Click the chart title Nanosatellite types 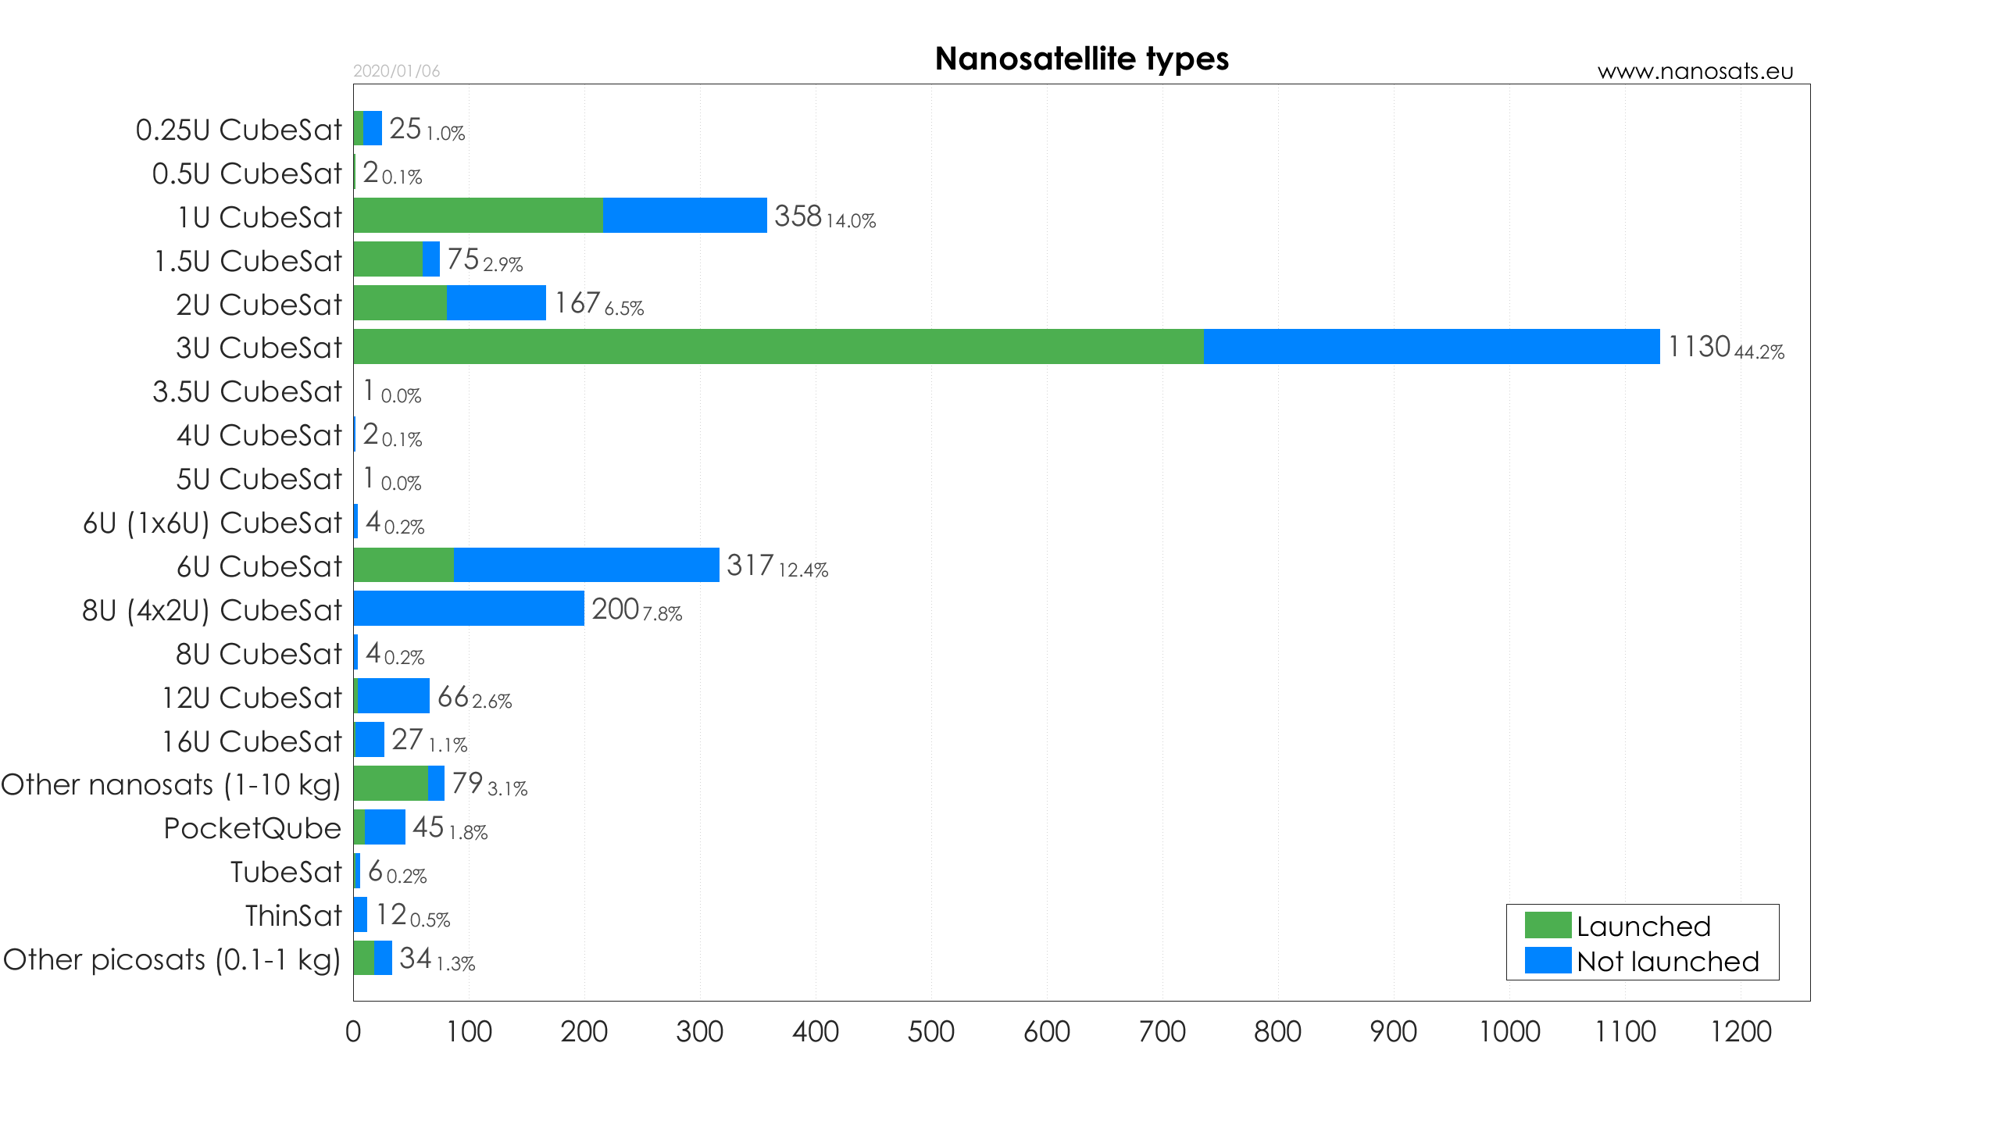(1081, 59)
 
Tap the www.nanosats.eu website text (1695, 71)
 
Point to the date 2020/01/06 (396, 71)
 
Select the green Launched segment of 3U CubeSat (778, 346)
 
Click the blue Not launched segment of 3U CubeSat (1431, 346)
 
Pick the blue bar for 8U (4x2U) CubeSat (469, 608)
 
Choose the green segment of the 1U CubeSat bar (478, 215)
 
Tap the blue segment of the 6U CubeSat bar (586, 565)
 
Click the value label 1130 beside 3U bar (1698, 346)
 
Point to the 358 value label (798, 216)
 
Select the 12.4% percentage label (803, 570)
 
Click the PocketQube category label (252, 828)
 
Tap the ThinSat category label (293, 916)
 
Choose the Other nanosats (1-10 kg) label (171, 784)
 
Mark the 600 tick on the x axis (1047, 1032)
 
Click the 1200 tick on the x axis (1741, 1032)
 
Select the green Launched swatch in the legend (1548, 925)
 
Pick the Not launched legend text (1667, 961)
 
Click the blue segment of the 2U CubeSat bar (496, 302)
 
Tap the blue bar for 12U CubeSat (393, 695)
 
